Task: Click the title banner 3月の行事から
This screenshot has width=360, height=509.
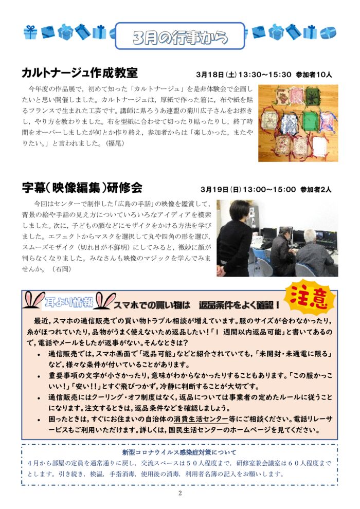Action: point(179,37)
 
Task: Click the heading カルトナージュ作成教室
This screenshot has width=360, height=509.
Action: point(79,72)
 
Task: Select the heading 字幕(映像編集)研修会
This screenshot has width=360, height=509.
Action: point(82,187)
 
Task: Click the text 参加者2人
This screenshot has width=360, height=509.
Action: point(316,189)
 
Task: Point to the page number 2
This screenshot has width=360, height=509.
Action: point(180,494)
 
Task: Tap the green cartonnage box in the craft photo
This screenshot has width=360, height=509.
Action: point(309,121)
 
